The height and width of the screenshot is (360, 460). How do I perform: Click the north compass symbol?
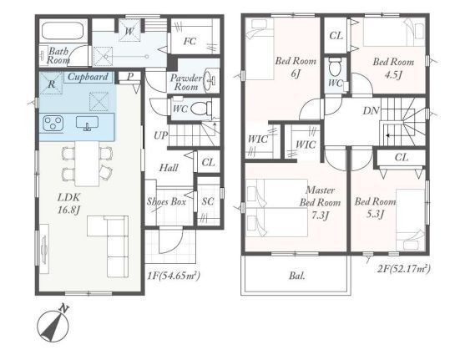click(x=54, y=325)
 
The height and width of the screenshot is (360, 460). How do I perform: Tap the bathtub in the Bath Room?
click(x=64, y=31)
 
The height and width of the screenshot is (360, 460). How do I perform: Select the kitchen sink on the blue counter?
click(x=87, y=123)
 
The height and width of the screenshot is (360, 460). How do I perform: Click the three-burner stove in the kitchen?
click(x=53, y=123)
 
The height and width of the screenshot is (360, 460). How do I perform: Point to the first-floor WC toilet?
click(x=201, y=109)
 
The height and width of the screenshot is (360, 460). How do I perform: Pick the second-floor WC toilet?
click(x=335, y=67)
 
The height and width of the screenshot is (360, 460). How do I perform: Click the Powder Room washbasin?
click(x=210, y=79)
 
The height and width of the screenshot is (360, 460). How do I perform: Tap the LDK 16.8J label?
click(x=69, y=203)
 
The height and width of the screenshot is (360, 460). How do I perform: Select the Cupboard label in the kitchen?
click(x=88, y=77)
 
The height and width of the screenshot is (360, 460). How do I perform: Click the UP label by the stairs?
click(x=161, y=135)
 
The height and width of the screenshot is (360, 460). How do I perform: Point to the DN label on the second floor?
click(x=371, y=110)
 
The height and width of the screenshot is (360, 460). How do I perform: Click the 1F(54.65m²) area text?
click(x=174, y=276)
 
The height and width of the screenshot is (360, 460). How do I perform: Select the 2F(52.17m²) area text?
click(x=404, y=268)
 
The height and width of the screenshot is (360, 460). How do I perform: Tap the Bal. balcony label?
click(x=297, y=276)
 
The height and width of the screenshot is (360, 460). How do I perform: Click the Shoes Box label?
click(x=166, y=201)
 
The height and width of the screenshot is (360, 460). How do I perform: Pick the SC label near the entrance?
click(x=208, y=201)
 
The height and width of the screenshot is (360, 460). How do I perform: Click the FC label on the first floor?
click(x=190, y=42)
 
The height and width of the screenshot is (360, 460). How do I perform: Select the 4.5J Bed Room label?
click(x=393, y=68)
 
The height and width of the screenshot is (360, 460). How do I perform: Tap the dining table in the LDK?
click(x=87, y=164)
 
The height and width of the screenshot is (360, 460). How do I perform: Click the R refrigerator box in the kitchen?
click(x=51, y=84)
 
